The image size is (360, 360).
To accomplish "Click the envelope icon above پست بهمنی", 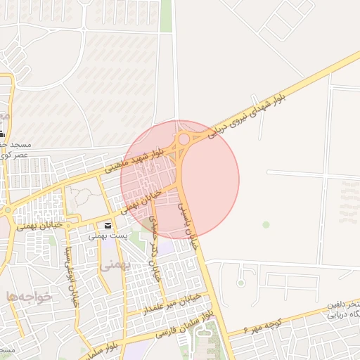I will [x=108, y=226].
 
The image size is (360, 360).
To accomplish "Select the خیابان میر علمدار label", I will [x=172, y=302].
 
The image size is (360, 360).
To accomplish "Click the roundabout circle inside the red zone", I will [x=184, y=139].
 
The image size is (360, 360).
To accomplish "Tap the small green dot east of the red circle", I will [x=266, y=224].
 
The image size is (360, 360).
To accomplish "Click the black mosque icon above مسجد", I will [x=2, y=133].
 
